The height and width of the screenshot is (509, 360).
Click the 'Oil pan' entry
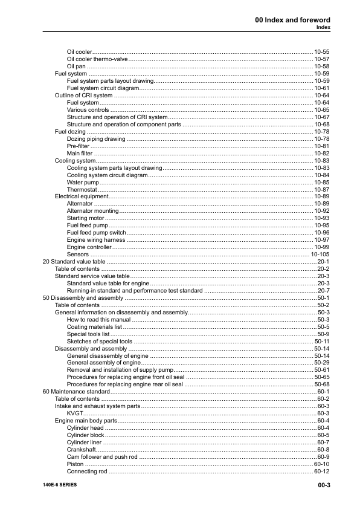click(x=77, y=66)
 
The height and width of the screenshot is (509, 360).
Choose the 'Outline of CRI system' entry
click(x=83, y=96)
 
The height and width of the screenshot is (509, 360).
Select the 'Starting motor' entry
click(x=85, y=218)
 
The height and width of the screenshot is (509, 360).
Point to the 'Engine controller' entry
click(x=89, y=247)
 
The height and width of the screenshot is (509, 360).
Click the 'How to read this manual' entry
click(x=98, y=320)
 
